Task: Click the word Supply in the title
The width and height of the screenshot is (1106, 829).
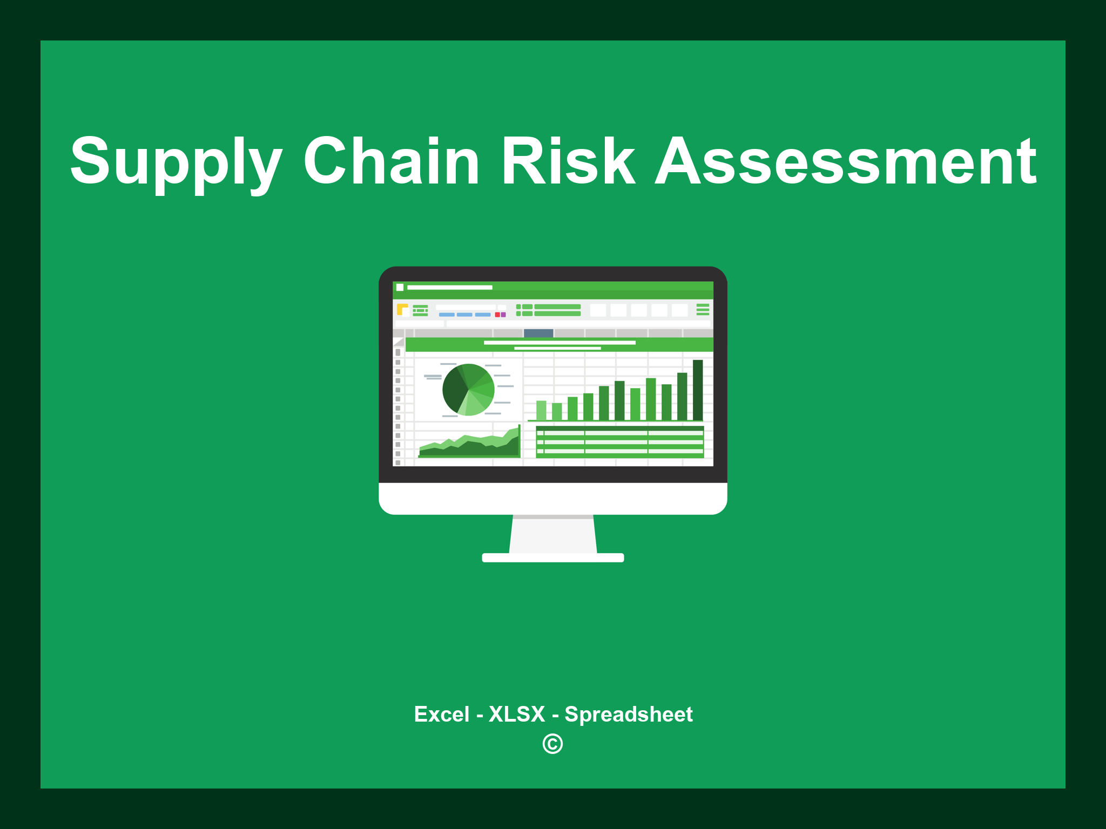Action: point(176,162)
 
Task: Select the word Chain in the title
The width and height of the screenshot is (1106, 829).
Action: point(392,162)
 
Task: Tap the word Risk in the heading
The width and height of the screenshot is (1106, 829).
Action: point(568,162)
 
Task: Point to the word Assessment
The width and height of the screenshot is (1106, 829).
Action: point(845,162)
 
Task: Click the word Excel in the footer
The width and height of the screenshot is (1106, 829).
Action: point(441,715)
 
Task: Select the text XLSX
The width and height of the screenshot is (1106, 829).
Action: point(517,715)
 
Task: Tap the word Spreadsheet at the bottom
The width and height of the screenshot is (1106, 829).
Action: point(628,715)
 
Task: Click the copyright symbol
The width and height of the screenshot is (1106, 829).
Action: point(552,744)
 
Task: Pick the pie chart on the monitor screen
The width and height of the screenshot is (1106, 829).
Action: point(468,390)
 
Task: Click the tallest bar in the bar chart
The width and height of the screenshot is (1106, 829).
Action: point(698,390)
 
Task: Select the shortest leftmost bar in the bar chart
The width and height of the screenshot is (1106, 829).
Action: point(541,410)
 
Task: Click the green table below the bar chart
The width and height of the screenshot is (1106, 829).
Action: point(619,442)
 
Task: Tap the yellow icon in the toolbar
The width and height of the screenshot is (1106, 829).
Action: point(402,309)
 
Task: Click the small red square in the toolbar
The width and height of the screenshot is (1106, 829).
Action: point(497,315)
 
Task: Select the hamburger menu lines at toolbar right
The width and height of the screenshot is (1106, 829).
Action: point(703,309)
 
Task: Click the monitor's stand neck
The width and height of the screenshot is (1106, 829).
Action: point(553,534)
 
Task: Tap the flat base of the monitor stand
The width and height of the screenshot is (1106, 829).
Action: point(553,558)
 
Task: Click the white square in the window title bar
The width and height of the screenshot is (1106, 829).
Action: point(400,287)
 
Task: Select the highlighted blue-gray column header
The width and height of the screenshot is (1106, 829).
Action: point(538,333)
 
